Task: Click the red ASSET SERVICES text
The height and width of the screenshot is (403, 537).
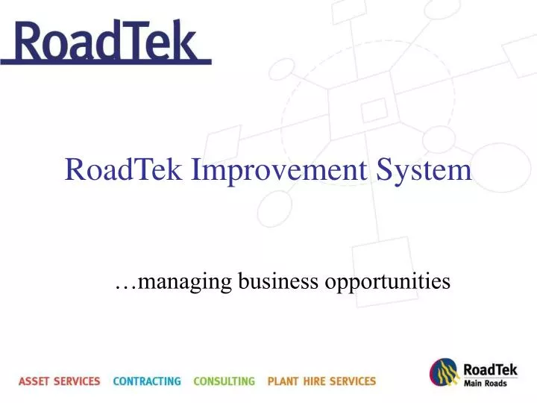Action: pyautogui.click(x=59, y=381)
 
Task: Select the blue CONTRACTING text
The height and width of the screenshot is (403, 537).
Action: pyautogui.click(x=147, y=381)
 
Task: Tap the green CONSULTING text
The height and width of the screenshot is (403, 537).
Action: pyautogui.click(x=224, y=381)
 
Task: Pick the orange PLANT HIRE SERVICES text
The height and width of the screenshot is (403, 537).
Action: pyautogui.click(x=321, y=381)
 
